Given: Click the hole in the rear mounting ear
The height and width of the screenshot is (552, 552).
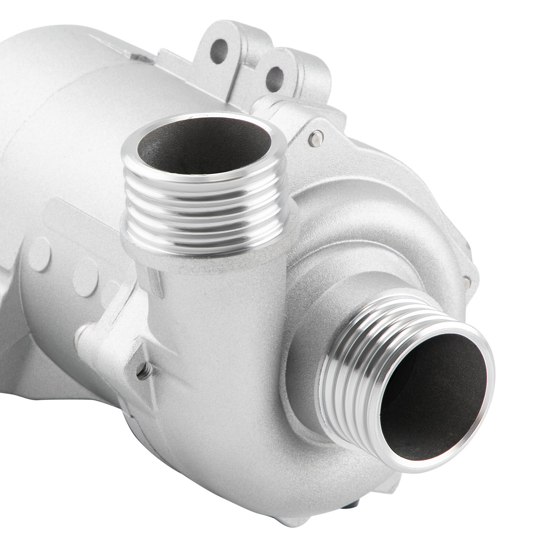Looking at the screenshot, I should [x=219, y=51].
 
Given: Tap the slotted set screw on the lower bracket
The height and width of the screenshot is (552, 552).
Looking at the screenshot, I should [x=144, y=372].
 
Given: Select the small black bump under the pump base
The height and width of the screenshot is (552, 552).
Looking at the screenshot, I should [x=349, y=515].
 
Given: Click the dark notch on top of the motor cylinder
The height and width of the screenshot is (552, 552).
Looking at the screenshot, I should [x=138, y=57].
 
